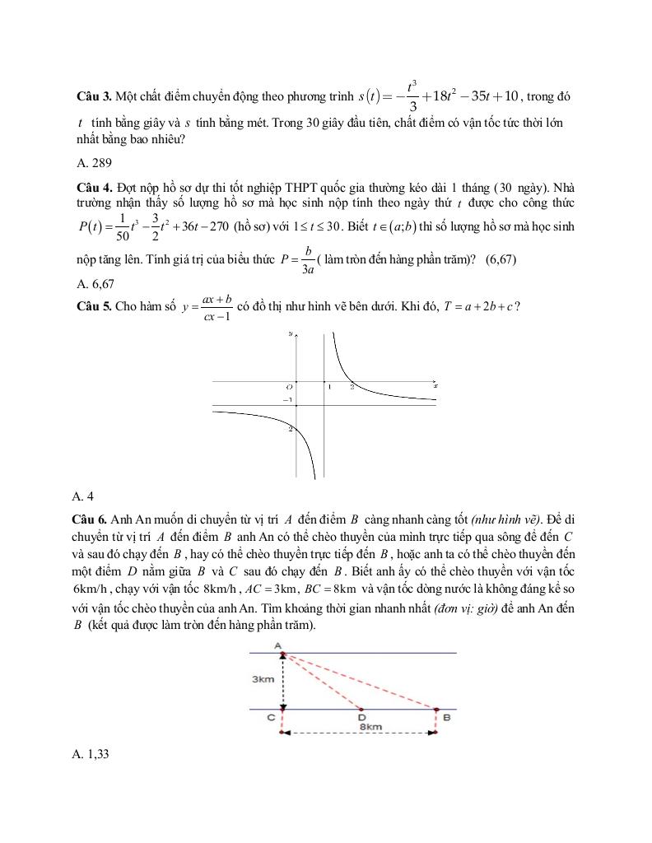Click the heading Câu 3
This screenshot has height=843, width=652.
point(91,96)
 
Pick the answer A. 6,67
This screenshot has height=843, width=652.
point(95,284)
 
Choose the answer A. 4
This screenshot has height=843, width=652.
point(83,496)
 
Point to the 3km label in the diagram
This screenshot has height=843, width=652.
point(263,679)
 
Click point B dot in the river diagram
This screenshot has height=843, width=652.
point(436,709)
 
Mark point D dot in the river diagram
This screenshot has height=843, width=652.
point(361,709)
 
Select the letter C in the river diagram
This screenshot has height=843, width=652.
point(270,718)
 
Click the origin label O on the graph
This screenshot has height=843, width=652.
point(289,385)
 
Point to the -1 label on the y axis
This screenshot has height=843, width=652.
point(287,400)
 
